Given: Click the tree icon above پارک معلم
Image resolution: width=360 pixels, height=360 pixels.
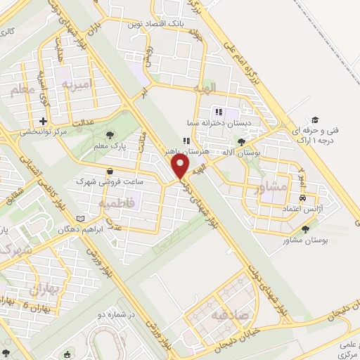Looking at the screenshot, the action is pyautogui.click(x=109, y=135).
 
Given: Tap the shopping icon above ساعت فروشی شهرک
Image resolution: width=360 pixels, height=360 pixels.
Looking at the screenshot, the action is pyautogui.click(x=110, y=171).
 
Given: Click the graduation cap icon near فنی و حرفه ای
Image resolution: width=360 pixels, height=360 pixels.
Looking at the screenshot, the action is pyautogui.click(x=315, y=120).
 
